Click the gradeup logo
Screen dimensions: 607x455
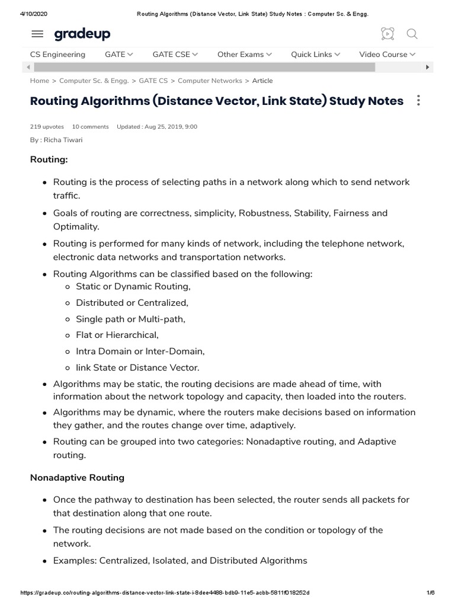[82, 34]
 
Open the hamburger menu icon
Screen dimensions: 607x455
[37, 34]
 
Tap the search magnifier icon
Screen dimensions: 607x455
[412, 34]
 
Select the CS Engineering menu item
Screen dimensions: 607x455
[57, 55]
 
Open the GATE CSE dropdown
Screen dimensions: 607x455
[175, 55]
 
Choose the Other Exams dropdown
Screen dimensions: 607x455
[244, 55]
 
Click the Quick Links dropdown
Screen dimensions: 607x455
[315, 55]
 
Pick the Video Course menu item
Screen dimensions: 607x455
[387, 55]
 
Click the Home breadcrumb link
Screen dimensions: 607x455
[40, 81]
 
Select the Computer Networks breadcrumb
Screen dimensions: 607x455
[210, 81]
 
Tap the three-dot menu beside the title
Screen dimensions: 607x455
[418, 101]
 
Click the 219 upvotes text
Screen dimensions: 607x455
[47, 127]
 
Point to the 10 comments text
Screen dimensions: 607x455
[90, 127]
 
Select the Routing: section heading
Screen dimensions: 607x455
[49, 160]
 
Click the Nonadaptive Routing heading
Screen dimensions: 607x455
[77, 477]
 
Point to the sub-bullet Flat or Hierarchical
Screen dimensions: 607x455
[117, 335]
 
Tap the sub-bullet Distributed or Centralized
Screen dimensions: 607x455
[132, 303]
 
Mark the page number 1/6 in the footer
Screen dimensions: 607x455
[431, 593]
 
